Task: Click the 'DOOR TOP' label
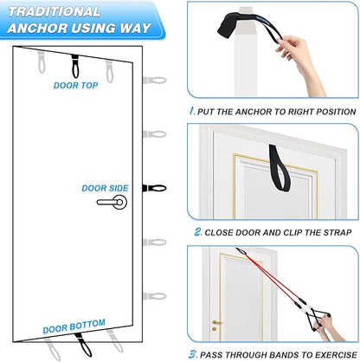point(75,86)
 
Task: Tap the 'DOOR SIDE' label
point(105,188)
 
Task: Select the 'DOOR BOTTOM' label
point(74,326)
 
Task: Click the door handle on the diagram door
point(112,202)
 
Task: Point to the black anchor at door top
point(75,66)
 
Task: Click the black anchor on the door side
point(154,188)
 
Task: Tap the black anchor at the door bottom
point(84,345)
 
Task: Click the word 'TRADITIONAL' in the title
point(54,12)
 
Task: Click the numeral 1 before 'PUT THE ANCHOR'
point(192,111)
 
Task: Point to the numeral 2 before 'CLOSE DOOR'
point(198,232)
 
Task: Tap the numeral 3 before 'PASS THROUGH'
point(193,354)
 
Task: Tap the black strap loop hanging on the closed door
point(279,167)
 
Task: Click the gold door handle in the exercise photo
point(216,322)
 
